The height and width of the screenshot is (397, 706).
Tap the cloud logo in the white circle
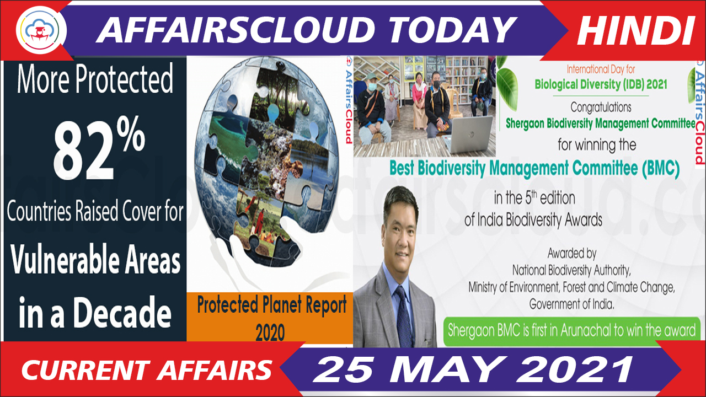coord(40,30)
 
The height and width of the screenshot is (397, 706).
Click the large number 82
coord(83,152)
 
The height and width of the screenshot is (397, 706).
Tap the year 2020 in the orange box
coord(270,332)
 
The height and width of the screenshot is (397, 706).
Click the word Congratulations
coord(601,107)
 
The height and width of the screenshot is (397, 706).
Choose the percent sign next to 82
coord(131,133)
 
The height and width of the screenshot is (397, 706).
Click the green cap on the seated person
coord(371,77)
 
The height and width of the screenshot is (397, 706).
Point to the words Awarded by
coord(572,253)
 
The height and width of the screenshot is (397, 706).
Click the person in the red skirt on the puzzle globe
coord(259,221)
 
